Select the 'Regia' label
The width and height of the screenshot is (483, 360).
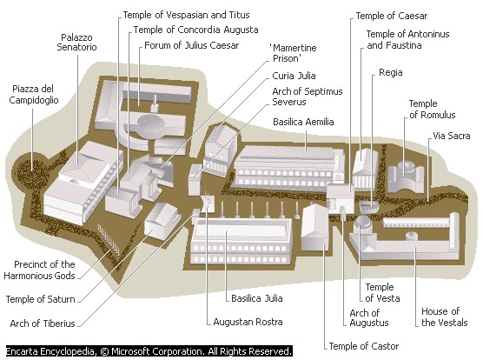(390, 74)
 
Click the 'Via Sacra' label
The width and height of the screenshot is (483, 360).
(451, 137)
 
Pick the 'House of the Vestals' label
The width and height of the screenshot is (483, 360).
(440, 317)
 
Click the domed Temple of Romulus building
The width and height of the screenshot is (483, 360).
(406, 174)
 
